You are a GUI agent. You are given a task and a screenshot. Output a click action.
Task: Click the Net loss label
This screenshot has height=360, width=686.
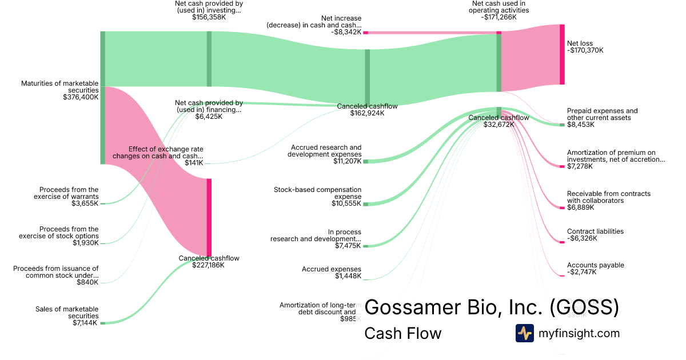580,43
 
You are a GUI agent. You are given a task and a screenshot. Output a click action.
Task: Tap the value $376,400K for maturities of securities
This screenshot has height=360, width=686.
81,97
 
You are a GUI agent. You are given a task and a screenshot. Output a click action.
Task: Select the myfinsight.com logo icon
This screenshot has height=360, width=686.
524,333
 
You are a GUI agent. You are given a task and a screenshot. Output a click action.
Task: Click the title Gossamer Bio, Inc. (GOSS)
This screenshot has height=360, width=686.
492,307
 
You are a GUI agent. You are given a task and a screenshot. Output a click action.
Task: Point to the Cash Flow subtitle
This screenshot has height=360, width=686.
402,333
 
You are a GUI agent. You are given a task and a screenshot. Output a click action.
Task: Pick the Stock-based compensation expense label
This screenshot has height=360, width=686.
317,193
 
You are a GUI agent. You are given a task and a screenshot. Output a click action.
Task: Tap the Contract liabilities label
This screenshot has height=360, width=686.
595,231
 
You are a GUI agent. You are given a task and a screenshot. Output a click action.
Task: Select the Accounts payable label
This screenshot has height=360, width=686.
595,265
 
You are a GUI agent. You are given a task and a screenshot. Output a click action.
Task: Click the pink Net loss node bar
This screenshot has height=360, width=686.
562,55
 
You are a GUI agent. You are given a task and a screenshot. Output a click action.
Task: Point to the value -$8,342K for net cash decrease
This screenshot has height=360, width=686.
346,32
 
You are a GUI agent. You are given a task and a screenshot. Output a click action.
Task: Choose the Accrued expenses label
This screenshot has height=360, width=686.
332,269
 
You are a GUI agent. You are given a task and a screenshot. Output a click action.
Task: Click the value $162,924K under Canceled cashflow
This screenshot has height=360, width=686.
367,113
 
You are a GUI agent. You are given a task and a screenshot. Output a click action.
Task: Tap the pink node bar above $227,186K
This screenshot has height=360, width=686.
209,218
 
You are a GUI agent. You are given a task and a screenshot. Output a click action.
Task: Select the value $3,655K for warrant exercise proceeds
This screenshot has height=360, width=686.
84,203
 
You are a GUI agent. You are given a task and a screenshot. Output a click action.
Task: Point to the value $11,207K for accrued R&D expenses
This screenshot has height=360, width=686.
347,161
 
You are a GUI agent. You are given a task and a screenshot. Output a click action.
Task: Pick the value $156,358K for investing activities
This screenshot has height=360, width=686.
208,17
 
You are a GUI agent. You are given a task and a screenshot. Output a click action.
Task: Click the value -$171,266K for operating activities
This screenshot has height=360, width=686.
498,17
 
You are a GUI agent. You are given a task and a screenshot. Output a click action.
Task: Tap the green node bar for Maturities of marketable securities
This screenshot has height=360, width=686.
103,98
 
